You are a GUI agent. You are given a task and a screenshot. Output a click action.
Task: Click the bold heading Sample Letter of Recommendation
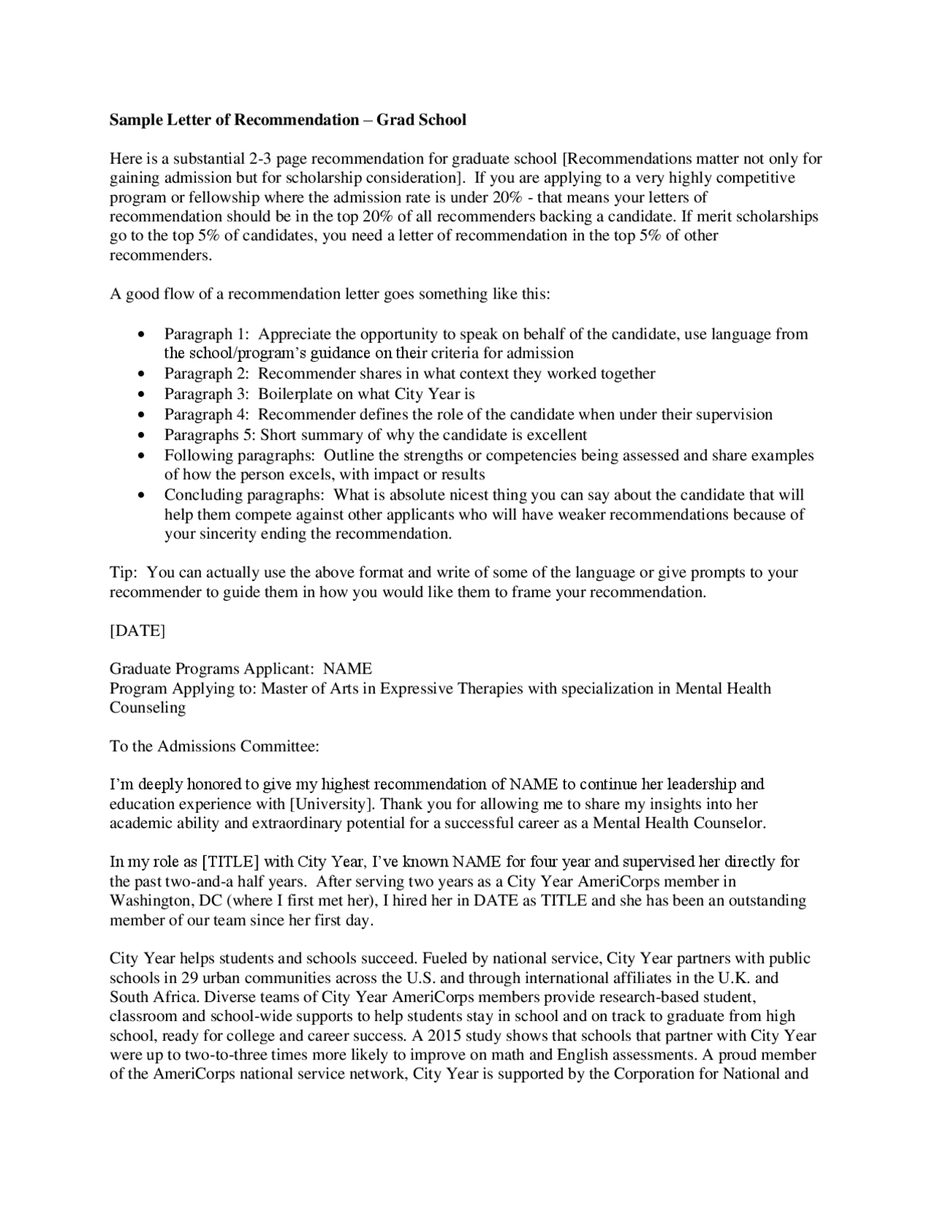click(x=234, y=120)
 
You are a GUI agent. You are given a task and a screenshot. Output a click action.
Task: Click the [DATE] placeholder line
click(x=138, y=631)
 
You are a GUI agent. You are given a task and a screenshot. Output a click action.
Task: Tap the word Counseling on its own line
click(x=147, y=708)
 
